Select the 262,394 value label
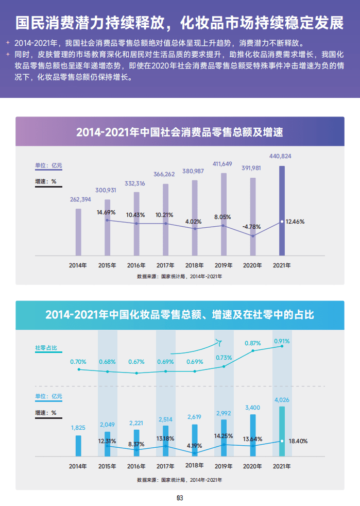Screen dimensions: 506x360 80,200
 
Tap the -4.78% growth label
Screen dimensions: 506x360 252,226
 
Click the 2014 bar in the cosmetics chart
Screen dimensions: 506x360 78,446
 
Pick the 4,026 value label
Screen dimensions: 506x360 282,399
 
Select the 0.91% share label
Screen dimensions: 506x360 282,341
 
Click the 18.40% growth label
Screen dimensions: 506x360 298,441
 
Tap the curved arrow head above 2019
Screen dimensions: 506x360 218,341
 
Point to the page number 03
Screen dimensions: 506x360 180,498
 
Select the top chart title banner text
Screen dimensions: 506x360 180,132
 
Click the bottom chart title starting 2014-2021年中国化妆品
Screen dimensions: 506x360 180,315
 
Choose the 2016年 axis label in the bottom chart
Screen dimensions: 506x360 136,466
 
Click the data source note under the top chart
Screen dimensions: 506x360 180,277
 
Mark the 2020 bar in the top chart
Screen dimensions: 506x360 253,216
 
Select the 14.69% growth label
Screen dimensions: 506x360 106,212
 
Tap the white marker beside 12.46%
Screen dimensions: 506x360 282,222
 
